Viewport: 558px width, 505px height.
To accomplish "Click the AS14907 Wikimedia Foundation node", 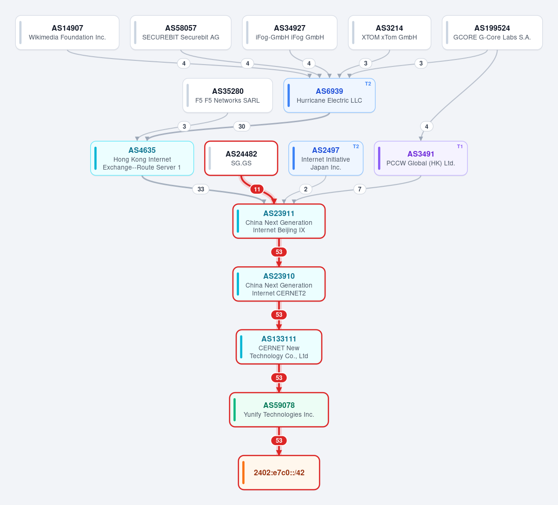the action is pyautogui.click(x=67, y=33).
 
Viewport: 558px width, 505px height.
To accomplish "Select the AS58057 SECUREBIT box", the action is pyautogui.click(x=181, y=33).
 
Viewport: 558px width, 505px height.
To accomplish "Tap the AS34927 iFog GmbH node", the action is pyautogui.click(x=290, y=33).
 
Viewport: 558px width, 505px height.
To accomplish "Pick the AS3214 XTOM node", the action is pyautogui.click(x=389, y=33).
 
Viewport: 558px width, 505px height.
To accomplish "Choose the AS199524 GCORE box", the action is pyautogui.click(x=492, y=33).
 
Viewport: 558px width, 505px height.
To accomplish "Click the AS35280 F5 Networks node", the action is pyautogui.click(x=227, y=95).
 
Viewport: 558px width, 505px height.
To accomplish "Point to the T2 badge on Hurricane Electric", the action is pyautogui.click(x=368, y=84).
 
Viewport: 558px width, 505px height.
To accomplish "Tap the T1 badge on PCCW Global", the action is pyautogui.click(x=460, y=146).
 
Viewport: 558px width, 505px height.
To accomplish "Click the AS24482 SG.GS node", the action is pyautogui.click(x=241, y=158).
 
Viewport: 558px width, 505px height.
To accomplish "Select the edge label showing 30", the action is pyautogui.click(x=242, y=126).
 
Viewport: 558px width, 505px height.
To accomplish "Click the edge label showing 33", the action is pyautogui.click(x=201, y=189).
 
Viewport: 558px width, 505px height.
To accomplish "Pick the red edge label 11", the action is pyautogui.click(x=257, y=189).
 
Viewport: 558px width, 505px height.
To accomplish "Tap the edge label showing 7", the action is pyautogui.click(x=359, y=189).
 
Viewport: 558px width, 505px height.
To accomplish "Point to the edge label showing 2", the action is pyautogui.click(x=306, y=189).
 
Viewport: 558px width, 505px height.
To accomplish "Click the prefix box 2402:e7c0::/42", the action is pyautogui.click(x=279, y=472).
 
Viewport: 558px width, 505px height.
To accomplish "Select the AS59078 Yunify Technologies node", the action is pyautogui.click(x=279, y=410).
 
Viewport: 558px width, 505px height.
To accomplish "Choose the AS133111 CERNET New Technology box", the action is pyautogui.click(x=279, y=347).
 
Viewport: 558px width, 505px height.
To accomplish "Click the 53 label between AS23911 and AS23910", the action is pyautogui.click(x=279, y=252).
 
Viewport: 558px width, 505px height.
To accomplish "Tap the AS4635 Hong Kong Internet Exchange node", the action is pyautogui.click(x=142, y=158).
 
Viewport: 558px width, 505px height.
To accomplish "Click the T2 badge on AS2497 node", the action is pyautogui.click(x=356, y=146).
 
